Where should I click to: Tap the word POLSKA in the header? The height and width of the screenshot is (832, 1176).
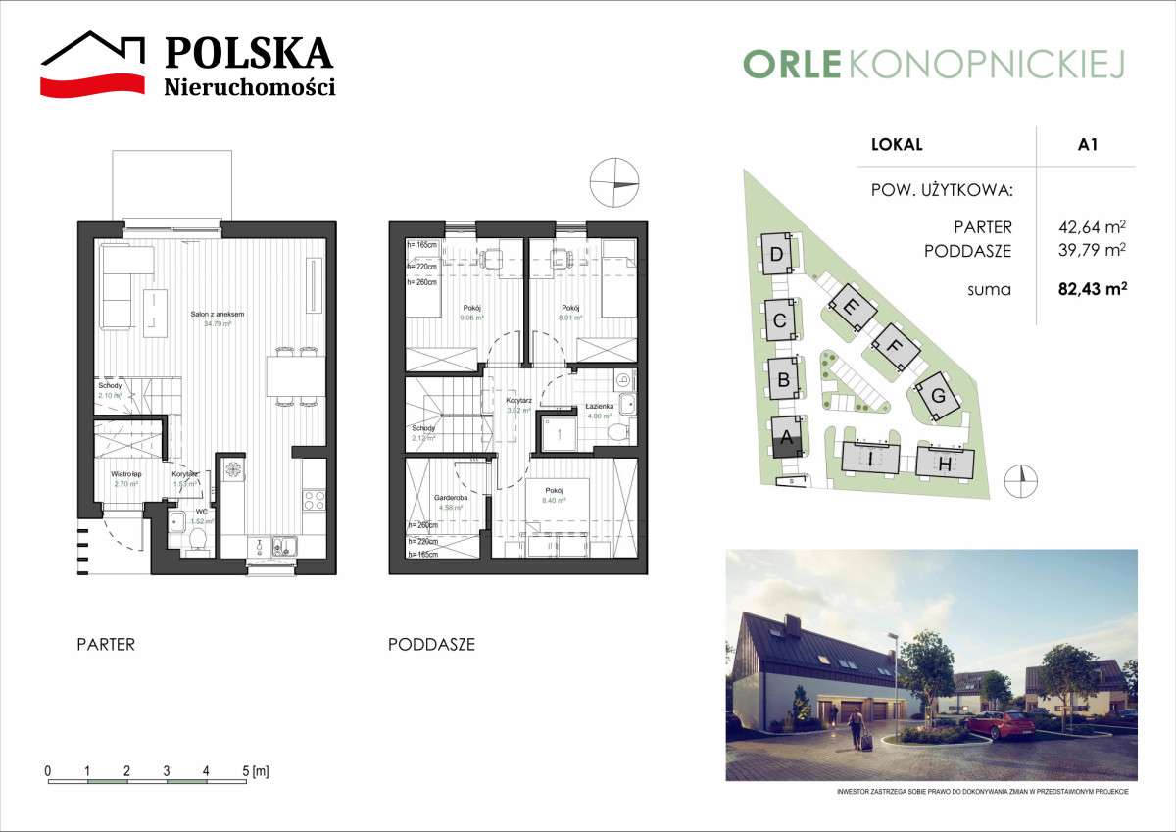point(248,53)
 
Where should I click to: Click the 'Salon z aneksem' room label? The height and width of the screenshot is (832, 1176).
point(217,314)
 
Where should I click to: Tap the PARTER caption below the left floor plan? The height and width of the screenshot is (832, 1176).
point(106,645)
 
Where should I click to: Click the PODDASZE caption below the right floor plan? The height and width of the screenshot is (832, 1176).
point(431,645)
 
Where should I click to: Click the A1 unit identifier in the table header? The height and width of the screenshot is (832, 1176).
point(1087,144)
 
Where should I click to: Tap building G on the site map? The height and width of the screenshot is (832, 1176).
point(938,397)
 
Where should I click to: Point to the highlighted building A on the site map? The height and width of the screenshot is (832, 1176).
point(786,439)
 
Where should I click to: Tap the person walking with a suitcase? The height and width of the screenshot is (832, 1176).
point(857,726)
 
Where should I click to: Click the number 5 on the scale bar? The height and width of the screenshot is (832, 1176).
point(245,771)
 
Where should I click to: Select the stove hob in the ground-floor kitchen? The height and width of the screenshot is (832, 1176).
point(315,500)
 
